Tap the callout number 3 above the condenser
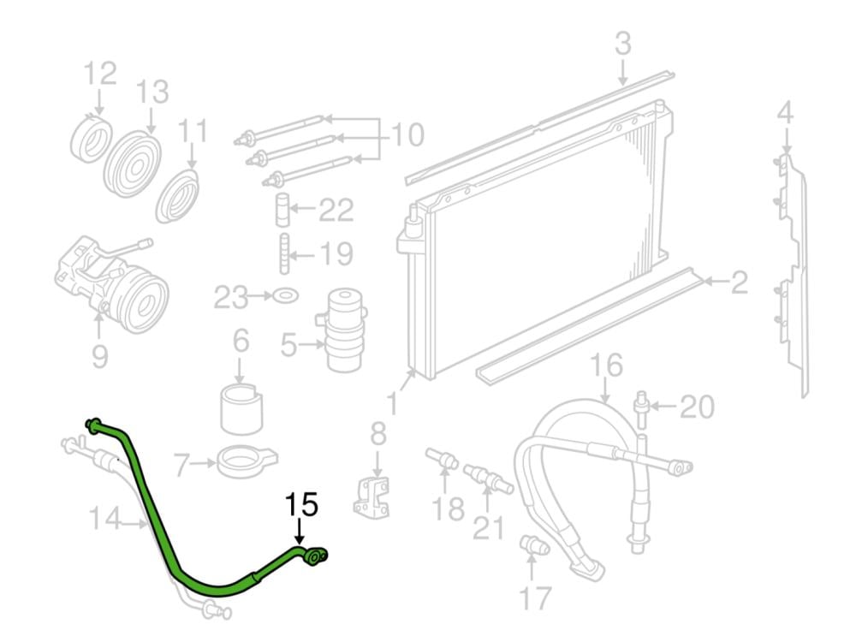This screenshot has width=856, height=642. [623, 44]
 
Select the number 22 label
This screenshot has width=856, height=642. [336, 211]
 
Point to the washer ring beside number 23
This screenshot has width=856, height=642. [285, 296]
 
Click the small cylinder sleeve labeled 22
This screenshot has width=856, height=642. [282, 210]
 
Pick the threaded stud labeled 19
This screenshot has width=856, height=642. [284, 254]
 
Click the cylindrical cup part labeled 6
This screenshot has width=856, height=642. [241, 409]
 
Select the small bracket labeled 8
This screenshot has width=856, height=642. [372, 497]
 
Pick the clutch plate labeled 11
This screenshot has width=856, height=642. [177, 197]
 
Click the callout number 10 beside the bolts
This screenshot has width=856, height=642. [407, 135]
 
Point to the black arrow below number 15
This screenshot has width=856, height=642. [299, 532]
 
